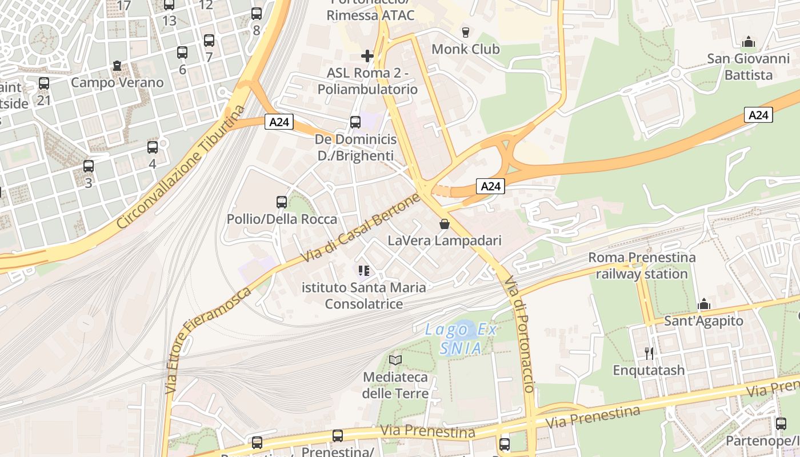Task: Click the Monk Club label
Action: (x=465, y=49)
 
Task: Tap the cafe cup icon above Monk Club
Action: (x=465, y=32)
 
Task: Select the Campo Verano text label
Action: (x=117, y=82)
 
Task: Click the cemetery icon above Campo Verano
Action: (x=117, y=66)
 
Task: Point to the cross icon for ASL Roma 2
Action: (x=367, y=56)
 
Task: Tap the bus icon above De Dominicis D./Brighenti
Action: (x=355, y=122)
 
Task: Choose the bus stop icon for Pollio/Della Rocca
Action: (x=282, y=202)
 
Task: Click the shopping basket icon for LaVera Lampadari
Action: (x=445, y=224)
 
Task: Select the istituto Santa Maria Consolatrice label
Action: (x=364, y=295)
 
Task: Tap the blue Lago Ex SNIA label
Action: (x=461, y=339)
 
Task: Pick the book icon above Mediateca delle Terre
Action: (x=395, y=360)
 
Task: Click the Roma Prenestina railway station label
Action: (x=642, y=266)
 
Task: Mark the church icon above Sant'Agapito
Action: (x=704, y=304)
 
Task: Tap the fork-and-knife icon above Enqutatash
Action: (x=649, y=353)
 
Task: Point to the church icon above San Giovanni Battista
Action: (x=748, y=42)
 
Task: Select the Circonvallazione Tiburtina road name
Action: (x=181, y=167)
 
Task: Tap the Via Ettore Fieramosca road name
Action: (x=209, y=340)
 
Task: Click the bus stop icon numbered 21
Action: (x=44, y=83)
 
